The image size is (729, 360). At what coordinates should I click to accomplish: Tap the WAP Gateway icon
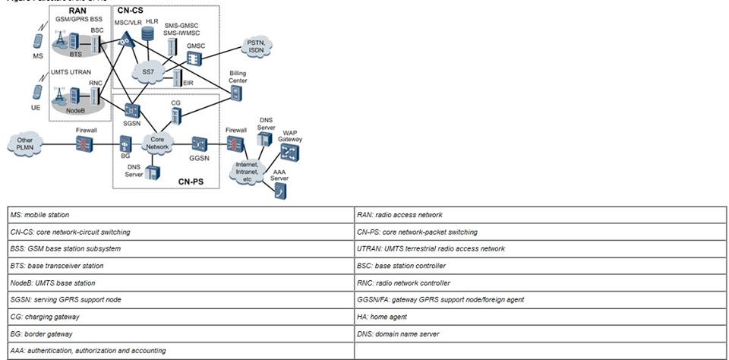click(x=289, y=152)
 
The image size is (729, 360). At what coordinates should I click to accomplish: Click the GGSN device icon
click(x=200, y=143)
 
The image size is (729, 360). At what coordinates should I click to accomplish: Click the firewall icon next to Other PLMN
click(x=81, y=144)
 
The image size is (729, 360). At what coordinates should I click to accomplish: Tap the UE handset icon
click(x=35, y=92)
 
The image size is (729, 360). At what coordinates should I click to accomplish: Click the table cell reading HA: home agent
click(x=540, y=316)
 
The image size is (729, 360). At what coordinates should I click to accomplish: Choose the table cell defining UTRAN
click(x=540, y=248)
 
